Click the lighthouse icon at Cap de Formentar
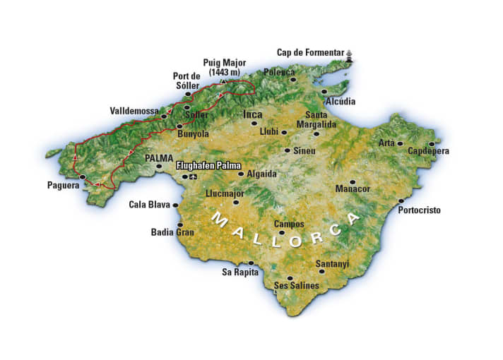pos(349,54)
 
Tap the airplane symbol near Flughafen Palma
pos(194,176)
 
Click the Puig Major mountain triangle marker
pos(223,81)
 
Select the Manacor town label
pos(352,189)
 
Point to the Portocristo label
pos(422,210)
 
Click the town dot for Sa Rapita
pos(251,263)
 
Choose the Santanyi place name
pos(332,263)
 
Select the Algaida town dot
pos(241,174)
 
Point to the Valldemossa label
pos(134,111)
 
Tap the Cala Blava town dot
pos(175,205)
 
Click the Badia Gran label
pos(172,232)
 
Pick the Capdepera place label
pos(428,151)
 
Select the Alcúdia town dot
pos(324,91)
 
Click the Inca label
pos(252,114)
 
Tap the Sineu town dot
pos(287,150)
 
